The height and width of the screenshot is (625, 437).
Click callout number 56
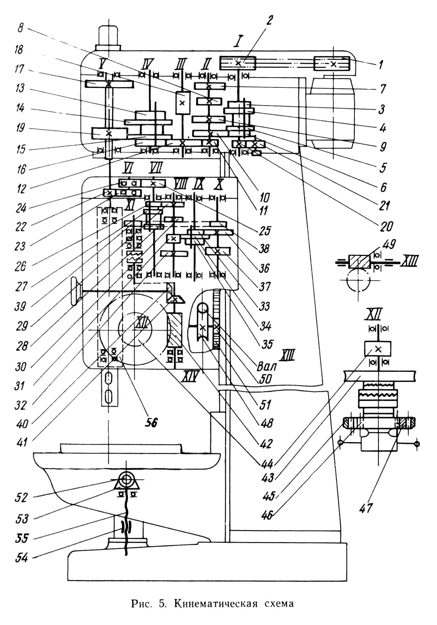click(x=151, y=422)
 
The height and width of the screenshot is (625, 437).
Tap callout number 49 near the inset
click(x=389, y=245)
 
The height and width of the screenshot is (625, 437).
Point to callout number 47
click(x=366, y=508)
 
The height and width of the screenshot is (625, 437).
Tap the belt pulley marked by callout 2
click(x=238, y=63)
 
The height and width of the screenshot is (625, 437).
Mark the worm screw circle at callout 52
click(x=126, y=479)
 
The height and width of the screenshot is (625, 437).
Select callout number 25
click(x=264, y=230)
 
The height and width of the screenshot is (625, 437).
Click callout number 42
click(x=265, y=443)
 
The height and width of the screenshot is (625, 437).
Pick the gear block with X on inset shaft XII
click(x=378, y=349)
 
